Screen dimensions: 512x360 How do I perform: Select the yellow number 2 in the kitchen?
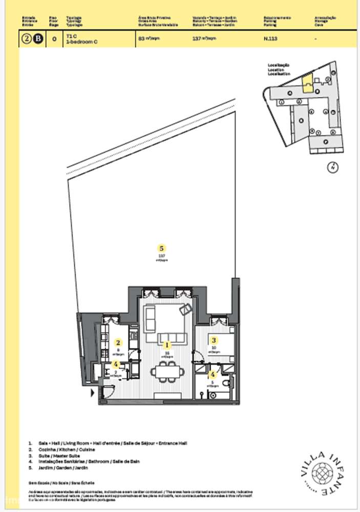tap(118, 343)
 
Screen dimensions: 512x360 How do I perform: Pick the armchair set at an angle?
tap(185, 309)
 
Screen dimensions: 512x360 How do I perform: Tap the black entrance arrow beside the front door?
tap(92, 393)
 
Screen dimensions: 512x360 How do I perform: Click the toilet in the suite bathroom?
tap(203, 394)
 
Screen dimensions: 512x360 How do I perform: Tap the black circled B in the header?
tap(37, 39)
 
